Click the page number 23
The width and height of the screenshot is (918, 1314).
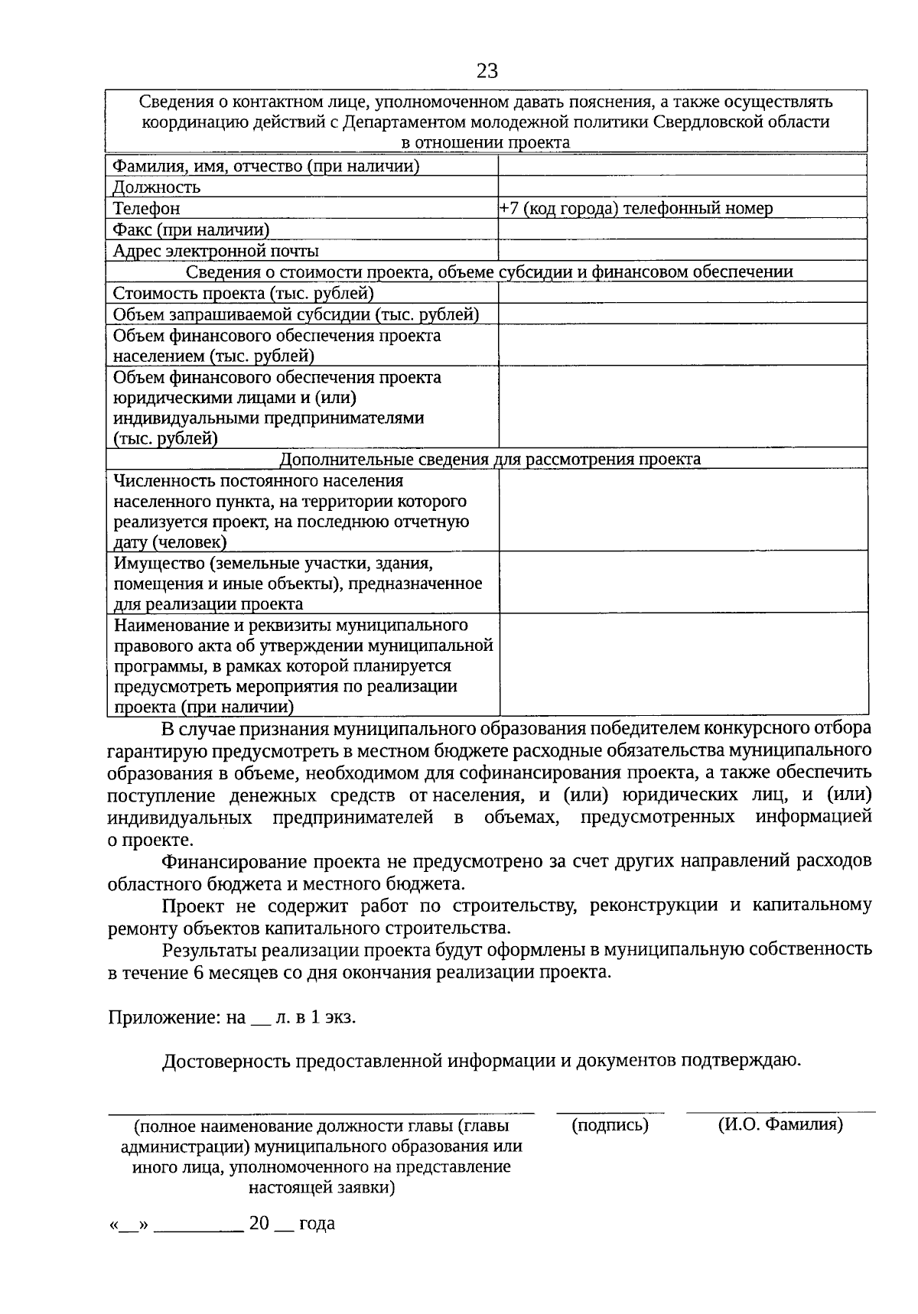[487, 71]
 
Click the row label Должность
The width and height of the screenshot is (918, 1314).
[157, 187]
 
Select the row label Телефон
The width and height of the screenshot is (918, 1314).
[147, 208]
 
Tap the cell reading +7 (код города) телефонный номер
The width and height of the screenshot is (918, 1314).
[636, 208]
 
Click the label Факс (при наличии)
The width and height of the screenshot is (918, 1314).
[191, 229]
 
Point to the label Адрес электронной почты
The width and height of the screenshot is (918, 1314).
[216, 251]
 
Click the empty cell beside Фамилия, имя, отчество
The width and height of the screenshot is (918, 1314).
[682, 166]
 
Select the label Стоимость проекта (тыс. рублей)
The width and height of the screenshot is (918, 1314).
[243, 293]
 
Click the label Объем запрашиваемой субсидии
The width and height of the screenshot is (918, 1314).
[296, 314]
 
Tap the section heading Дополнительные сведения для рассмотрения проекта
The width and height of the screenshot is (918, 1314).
[490, 459]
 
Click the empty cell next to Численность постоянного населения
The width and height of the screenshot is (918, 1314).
[682, 510]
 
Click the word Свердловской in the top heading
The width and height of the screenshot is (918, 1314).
[739, 122]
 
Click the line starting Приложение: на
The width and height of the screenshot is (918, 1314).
[232, 1017]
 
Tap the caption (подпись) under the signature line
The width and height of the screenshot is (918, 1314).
[610, 1125]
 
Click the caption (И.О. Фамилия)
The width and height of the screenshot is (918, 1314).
[780, 1125]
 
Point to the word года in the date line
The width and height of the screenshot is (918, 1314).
[317, 1223]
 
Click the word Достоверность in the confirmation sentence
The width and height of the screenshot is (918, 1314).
[226, 1061]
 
